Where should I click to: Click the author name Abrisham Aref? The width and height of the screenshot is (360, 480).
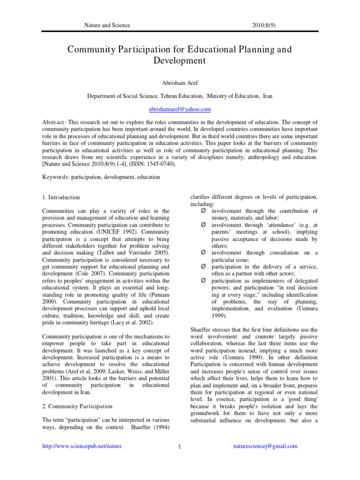click(180, 83)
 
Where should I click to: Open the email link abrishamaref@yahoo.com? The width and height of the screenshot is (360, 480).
click(180, 109)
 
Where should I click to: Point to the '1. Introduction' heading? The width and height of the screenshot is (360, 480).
click(61, 197)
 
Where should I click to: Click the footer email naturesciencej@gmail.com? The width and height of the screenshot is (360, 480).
click(265, 446)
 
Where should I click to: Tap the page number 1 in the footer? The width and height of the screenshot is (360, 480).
click(180, 447)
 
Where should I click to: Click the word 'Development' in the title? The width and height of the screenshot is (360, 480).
click(180, 60)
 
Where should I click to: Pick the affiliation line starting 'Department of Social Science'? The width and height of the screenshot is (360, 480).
click(180, 96)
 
